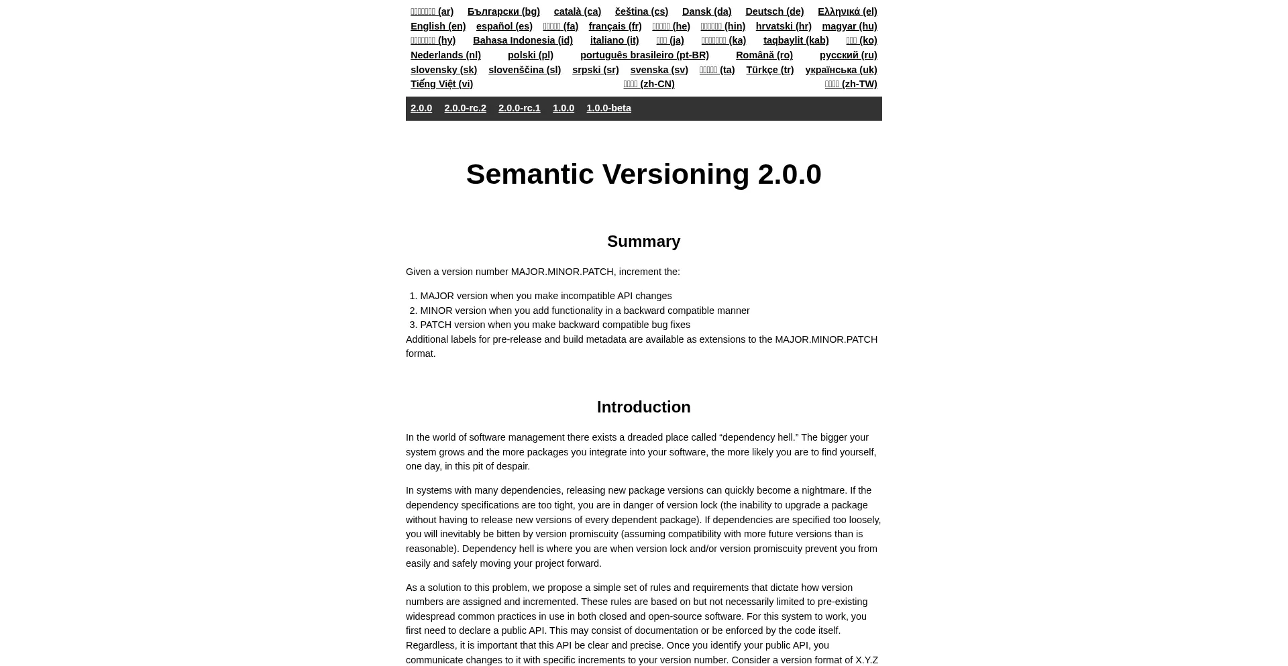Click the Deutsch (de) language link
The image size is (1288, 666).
pyautogui.click(x=774, y=11)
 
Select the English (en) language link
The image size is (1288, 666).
pyautogui.click(x=438, y=26)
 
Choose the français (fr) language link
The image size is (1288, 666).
pyautogui.click(x=614, y=26)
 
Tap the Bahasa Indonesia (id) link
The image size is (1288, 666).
pyautogui.click(x=523, y=40)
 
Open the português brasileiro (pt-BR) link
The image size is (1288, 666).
pyautogui.click(x=644, y=55)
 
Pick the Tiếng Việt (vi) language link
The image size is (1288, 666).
pyautogui.click(x=441, y=84)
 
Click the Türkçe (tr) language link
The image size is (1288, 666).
pyautogui.click(x=769, y=70)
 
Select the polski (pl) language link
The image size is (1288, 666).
pyautogui.click(x=530, y=55)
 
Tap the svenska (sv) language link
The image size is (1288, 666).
pyautogui.click(x=659, y=70)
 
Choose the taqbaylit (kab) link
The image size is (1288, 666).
pyautogui.click(x=796, y=40)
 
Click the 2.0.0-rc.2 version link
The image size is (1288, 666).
pyautogui.click(x=465, y=108)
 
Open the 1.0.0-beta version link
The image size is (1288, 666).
pyautogui.click(x=608, y=108)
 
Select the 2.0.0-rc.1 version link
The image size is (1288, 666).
pyautogui.click(x=519, y=108)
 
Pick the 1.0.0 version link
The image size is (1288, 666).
pyautogui.click(x=563, y=108)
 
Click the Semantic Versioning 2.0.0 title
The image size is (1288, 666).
pyautogui.click(x=643, y=174)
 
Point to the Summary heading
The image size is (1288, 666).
pyautogui.click(x=643, y=241)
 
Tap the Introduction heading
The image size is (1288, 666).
pyautogui.click(x=643, y=407)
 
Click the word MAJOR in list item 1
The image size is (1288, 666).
pyautogui.click(x=437, y=296)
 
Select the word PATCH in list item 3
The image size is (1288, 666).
pyautogui.click(x=435, y=325)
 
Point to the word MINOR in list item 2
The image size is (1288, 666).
pyautogui.click(x=436, y=311)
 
